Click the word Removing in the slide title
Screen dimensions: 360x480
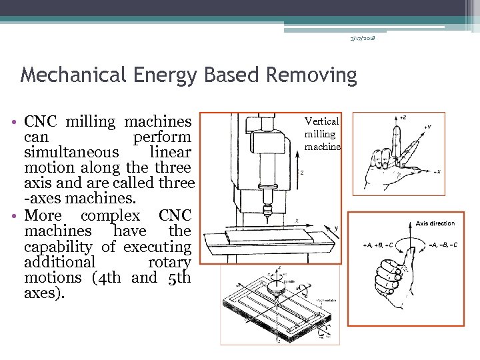[311, 75]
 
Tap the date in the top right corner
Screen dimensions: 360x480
[363, 39]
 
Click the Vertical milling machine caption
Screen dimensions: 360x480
[323, 133]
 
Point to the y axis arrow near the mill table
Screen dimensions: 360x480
[335, 229]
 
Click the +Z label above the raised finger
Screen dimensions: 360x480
[401, 117]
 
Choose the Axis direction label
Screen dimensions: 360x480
[435, 223]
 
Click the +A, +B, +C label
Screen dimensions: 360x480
[377, 244]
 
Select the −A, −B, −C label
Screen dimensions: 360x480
[441, 244]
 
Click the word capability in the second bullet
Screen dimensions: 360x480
[59, 247]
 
